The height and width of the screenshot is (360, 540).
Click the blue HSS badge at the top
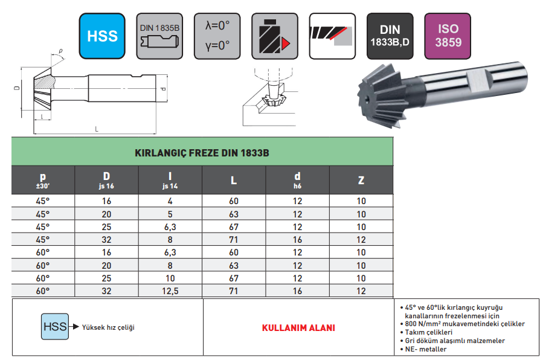tap(102, 36)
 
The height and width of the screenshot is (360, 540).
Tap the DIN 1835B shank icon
tap(160, 36)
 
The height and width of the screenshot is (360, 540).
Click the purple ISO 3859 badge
tap(448, 36)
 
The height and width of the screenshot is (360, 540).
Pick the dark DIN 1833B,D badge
tap(390, 36)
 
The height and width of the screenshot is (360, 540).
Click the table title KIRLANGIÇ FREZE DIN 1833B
tap(202, 153)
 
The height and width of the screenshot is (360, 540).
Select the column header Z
tap(361, 180)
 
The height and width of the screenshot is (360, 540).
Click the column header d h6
tap(297, 180)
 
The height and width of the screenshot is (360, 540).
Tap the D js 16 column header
tap(106, 180)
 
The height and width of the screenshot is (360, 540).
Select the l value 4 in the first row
tap(170, 202)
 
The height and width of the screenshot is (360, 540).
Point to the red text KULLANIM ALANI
tap(298, 328)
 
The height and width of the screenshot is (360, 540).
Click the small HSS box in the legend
tap(54, 327)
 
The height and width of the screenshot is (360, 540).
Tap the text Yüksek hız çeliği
tap(108, 327)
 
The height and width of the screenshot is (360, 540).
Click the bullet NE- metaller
tap(425, 350)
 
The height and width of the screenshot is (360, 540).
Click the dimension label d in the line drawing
tap(162, 89)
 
